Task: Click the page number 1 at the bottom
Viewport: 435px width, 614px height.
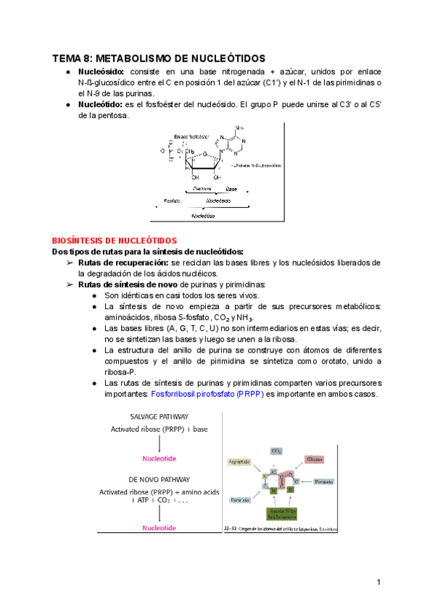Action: tap(378, 582)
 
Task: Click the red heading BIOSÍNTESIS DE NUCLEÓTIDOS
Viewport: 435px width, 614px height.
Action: tap(115, 240)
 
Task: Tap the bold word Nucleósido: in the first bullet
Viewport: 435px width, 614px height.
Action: tap(101, 72)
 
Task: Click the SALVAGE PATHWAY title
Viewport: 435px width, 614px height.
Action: tap(149, 417)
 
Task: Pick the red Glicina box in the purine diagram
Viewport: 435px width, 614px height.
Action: tap(314, 459)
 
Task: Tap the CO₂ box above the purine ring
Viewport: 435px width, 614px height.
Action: tap(276, 450)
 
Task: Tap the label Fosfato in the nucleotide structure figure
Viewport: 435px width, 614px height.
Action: tap(173, 199)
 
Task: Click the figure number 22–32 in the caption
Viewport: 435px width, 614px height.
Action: tap(231, 527)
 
